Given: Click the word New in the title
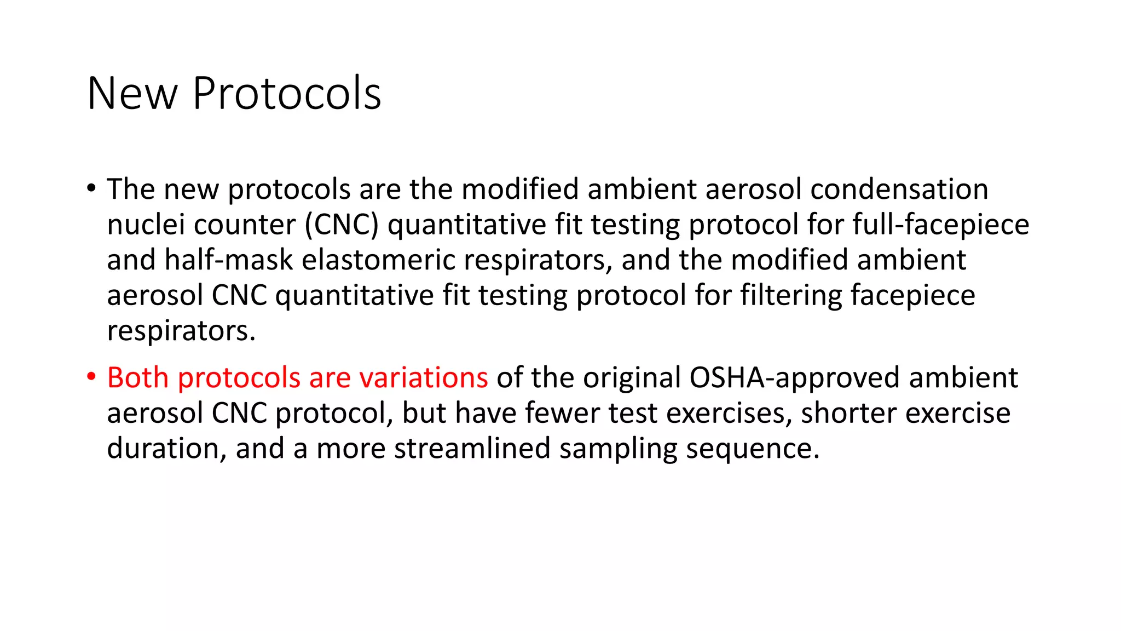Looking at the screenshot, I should [132, 94].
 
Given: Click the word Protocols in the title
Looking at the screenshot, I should [286, 94].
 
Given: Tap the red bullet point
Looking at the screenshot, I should [91, 377].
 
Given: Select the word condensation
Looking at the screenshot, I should [899, 189].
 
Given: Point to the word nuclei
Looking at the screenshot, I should [146, 225].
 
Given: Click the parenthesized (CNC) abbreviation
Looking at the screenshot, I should [342, 225].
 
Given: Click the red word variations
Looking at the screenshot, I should [423, 377].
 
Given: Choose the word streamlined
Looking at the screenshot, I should [472, 448].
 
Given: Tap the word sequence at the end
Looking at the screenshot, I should [752, 448].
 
